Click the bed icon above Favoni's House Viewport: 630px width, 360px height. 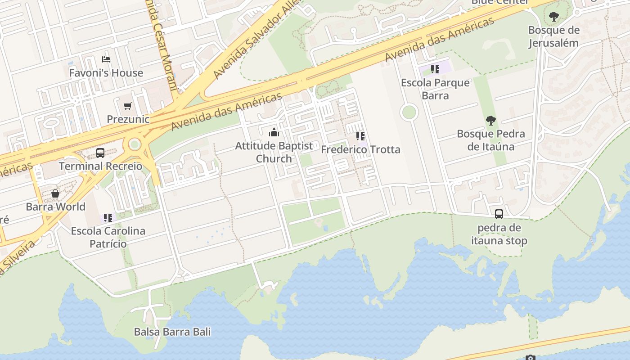pyautogui.click(x=106, y=59)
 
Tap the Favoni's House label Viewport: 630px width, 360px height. pyautogui.click(x=106, y=73)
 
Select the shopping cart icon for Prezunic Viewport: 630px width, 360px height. pyautogui.click(x=128, y=106)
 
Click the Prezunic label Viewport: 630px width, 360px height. pyautogui.click(x=128, y=119)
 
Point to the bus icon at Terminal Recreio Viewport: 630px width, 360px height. pyautogui.click(x=100, y=153)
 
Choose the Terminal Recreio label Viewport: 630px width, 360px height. pyautogui.click(x=100, y=166)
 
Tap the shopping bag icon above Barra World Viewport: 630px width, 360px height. pyautogui.click(x=55, y=193)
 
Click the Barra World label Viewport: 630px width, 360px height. pyautogui.click(x=55, y=207)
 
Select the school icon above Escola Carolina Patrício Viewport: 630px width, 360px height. pyautogui.click(x=108, y=218)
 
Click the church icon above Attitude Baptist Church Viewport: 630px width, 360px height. pyautogui.click(x=274, y=133)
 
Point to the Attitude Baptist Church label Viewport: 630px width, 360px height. pyautogui.click(x=274, y=152)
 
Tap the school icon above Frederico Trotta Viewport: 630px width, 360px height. pyautogui.click(x=360, y=136)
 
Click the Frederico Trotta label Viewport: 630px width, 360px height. pyautogui.click(x=360, y=149)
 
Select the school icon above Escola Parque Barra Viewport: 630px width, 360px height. pyautogui.click(x=435, y=69)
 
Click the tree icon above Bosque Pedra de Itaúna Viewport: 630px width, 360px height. pyautogui.click(x=490, y=121)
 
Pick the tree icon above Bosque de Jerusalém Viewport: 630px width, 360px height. pyautogui.click(x=553, y=17)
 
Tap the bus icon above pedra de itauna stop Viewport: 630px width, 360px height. pyautogui.click(x=499, y=214)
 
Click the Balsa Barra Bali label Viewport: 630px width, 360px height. pyautogui.click(x=172, y=332)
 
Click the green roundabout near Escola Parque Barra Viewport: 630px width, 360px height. pyautogui.click(x=409, y=112)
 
